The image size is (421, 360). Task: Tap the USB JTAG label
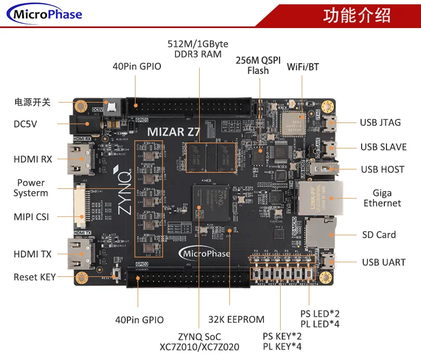click(x=380, y=123)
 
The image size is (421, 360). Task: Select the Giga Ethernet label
click(x=382, y=198)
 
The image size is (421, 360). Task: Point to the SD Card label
click(x=379, y=235)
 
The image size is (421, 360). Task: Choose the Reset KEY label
click(x=35, y=277)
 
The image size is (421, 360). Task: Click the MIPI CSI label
click(x=31, y=217)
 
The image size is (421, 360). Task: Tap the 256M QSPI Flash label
click(x=258, y=65)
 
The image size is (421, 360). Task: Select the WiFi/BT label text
click(x=303, y=67)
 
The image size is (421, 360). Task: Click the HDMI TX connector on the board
click(x=79, y=254)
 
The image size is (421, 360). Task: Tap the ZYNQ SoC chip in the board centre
click(x=213, y=206)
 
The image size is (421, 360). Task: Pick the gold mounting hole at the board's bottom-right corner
click(x=325, y=277)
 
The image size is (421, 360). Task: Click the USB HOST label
click(x=382, y=169)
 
